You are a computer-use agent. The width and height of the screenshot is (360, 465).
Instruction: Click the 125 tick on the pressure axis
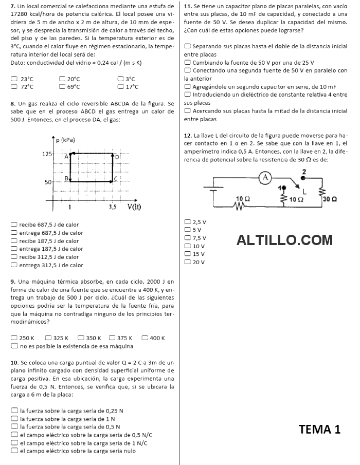click(x=46, y=154)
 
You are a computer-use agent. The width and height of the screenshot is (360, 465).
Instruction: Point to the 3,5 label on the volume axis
click(x=113, y=207)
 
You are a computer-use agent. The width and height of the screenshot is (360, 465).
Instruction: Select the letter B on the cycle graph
click(x=66, y=178)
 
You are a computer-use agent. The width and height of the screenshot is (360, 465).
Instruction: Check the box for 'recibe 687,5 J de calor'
click(x=14, y=225)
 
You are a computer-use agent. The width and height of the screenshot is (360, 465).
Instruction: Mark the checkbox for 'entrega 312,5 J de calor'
click(x=14, y=265)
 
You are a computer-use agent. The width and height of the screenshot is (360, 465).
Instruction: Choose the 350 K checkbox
click(x=81, y=338)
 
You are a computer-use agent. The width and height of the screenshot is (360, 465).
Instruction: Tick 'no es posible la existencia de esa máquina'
click(x=14, y=346)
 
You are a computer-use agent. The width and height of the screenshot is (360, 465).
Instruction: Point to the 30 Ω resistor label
click(x=330, y=199)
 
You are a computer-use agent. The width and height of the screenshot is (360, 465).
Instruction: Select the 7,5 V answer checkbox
click(x=187, y=238)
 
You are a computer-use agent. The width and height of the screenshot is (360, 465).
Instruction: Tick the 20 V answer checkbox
click(x=187, y=262)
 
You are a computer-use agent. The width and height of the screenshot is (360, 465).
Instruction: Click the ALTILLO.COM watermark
click(x=284, y=240)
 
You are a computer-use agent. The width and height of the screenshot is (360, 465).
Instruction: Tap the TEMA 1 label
click(x=319, y=430)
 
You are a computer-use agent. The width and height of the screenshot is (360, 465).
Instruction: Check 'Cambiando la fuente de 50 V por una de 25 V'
click(x=187, y=63)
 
